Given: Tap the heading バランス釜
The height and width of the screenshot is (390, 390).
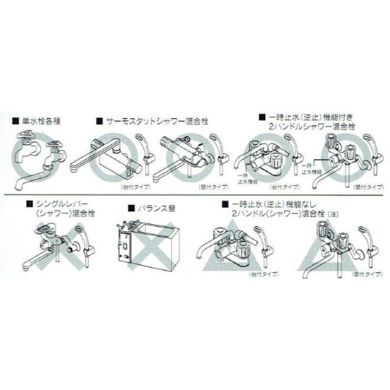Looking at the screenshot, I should coord(155,208).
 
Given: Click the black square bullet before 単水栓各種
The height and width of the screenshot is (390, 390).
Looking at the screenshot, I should coord(16,120).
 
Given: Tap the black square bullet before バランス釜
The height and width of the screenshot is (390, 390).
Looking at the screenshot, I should coord(131,208).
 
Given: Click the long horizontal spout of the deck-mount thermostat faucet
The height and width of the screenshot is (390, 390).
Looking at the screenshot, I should coord(88,157).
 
